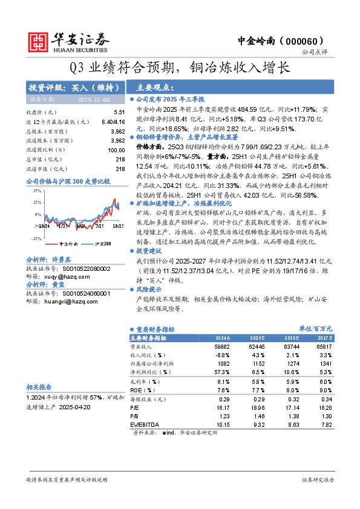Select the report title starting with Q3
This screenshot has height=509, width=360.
[x=180, y=67]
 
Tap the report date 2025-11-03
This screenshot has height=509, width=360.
[x=94, y=99]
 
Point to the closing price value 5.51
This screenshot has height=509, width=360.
[x=119, y=112]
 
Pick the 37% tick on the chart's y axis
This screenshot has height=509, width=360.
[x=30, y=190]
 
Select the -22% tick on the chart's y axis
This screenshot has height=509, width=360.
[x=30, y=239]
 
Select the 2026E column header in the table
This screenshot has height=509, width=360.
[x=292, y=338]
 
